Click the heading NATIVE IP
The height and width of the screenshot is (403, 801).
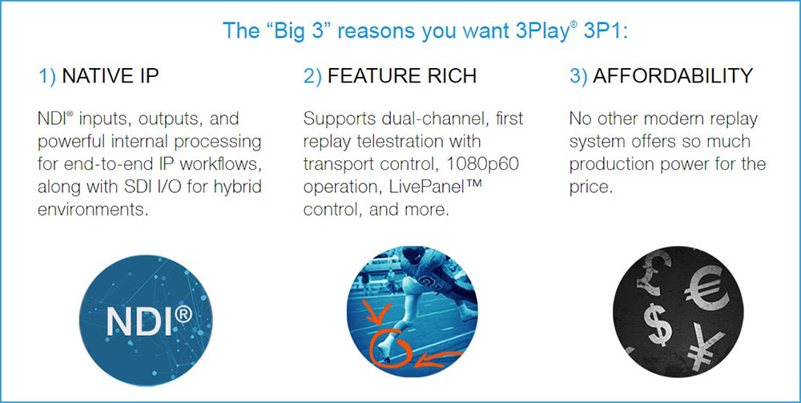pos(110,75)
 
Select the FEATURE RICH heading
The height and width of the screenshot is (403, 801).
pos(402,75)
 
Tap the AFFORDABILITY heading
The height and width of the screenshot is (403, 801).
pos(673,75)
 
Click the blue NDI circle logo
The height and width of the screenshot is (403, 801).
pos(146,320)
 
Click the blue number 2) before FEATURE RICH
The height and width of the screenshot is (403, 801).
pos(312,76)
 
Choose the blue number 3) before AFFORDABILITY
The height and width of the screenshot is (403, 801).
pos(579,76)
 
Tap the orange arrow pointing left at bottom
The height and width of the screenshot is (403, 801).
pos(438,359)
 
